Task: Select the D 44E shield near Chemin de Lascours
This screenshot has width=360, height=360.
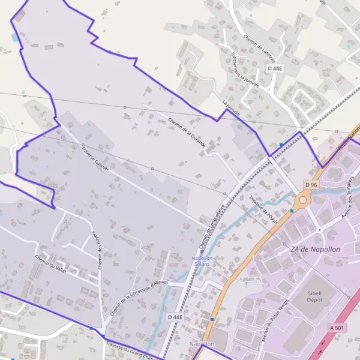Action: (x=275, y=68)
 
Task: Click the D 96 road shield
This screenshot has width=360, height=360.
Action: (x=310, y=185)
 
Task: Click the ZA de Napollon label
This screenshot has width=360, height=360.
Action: (x=314, y=249)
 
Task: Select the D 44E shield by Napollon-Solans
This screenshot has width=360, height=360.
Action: (x=175, y=317)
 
